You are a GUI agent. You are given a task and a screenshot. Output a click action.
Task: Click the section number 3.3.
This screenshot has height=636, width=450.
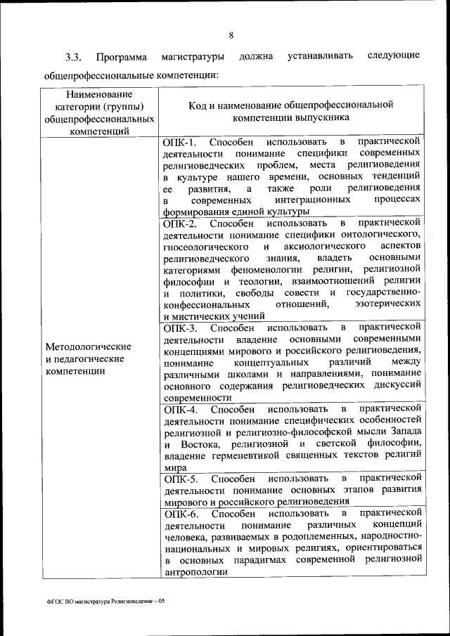tap(74, 56)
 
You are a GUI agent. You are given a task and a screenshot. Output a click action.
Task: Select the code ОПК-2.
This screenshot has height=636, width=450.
tap(181, 224)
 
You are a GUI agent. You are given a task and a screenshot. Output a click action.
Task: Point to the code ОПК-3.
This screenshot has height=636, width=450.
tap(181, 327)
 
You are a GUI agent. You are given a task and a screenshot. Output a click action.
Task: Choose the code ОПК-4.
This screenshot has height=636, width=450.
tap(181, 408)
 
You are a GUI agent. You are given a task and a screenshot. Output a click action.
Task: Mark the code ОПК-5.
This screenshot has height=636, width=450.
tap(181, 478)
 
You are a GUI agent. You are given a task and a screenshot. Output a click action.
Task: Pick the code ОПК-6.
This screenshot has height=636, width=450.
tap(181, 514)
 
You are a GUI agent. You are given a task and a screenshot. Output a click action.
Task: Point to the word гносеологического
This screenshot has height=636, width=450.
tap(207, 248)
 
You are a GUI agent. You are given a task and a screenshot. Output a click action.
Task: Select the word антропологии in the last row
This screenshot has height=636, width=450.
tap(195, 572)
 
